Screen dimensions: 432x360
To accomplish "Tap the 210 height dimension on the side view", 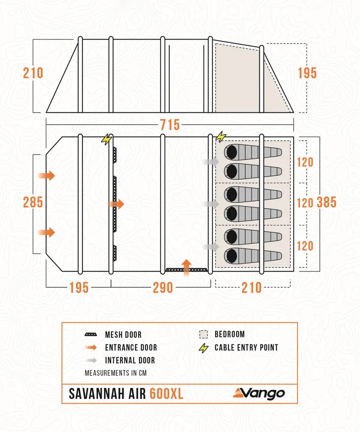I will tap(33, 73).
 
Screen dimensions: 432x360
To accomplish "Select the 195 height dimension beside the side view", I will tap(307, 73).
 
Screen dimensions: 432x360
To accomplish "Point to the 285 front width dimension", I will tap(33, 202).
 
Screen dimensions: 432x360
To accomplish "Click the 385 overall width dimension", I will tap(327, 202).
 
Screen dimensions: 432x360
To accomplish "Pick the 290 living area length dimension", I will tap(162, 287).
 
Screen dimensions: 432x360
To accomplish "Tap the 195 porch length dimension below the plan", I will tap(79, 287).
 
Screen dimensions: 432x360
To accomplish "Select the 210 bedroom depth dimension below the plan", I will tap(252, 287).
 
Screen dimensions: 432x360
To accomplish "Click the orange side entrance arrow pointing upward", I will tap(187, 264).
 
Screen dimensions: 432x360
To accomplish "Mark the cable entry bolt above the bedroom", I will tap(220, 136).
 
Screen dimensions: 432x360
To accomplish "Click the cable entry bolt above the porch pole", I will tap(106, 139).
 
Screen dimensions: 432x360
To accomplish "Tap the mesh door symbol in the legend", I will tap(91, 335).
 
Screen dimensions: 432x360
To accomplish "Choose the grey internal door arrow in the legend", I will tap(91, 361).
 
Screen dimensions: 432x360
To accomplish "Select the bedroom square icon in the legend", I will tap(204, 334).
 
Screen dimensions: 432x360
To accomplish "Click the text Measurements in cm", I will tap(116, 373).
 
